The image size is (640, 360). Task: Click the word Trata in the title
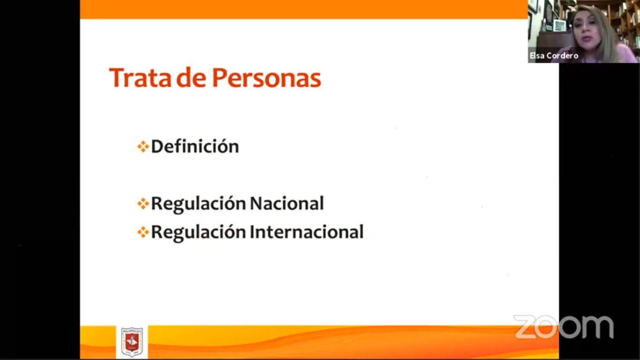[x=140, y=78]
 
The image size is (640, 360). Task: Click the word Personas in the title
[x=267, y=78]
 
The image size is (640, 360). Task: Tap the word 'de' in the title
[x=191, y=77]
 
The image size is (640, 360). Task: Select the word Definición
[x=195, y=146]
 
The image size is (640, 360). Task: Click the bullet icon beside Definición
[x=143, y=147]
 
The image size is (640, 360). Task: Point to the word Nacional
[x=287, y=203]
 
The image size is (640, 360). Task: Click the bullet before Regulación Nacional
[x=143, y=204]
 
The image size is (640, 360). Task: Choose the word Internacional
[x=307, y=232]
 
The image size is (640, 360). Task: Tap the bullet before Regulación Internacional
[x=143, y=232]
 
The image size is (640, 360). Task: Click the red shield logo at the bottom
[x=132, y=342]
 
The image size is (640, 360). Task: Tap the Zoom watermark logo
[x=564, y=327]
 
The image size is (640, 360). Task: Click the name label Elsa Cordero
[x=554, y=55]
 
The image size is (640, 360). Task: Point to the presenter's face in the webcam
[x=588, y=29]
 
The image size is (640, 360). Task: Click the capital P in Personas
[x=219, y=77]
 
